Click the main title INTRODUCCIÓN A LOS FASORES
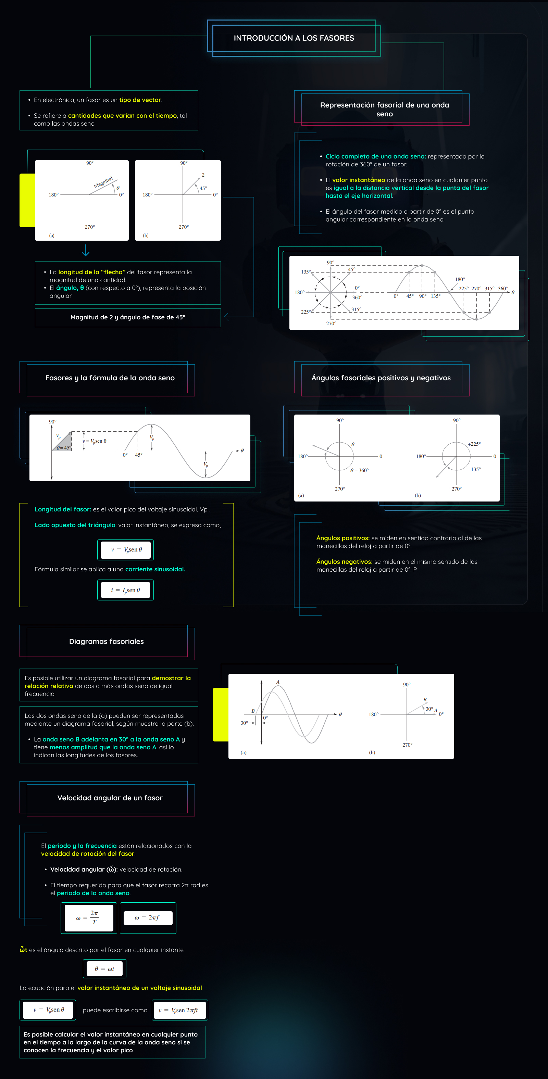click(x=294, y=38)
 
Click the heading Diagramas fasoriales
click(x=107, y=641)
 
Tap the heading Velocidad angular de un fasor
click(x=110, y=798)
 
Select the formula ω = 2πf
click(x=148, y=918)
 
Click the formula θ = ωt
click(x=104, y=969)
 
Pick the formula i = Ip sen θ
click(x=125, y=590)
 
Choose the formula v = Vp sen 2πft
click(x=179, y=1010)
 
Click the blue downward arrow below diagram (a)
click(x=86, y=251)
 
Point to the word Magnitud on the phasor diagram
click(x=103, y=182)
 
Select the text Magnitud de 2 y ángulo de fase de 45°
click(x=127, y=317)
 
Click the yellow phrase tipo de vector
click(x=140, y=100)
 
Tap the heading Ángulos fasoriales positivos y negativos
click(x=381, y=378)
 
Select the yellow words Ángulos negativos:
click(x=344, y=562)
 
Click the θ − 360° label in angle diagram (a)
click(x=359, y=470)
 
